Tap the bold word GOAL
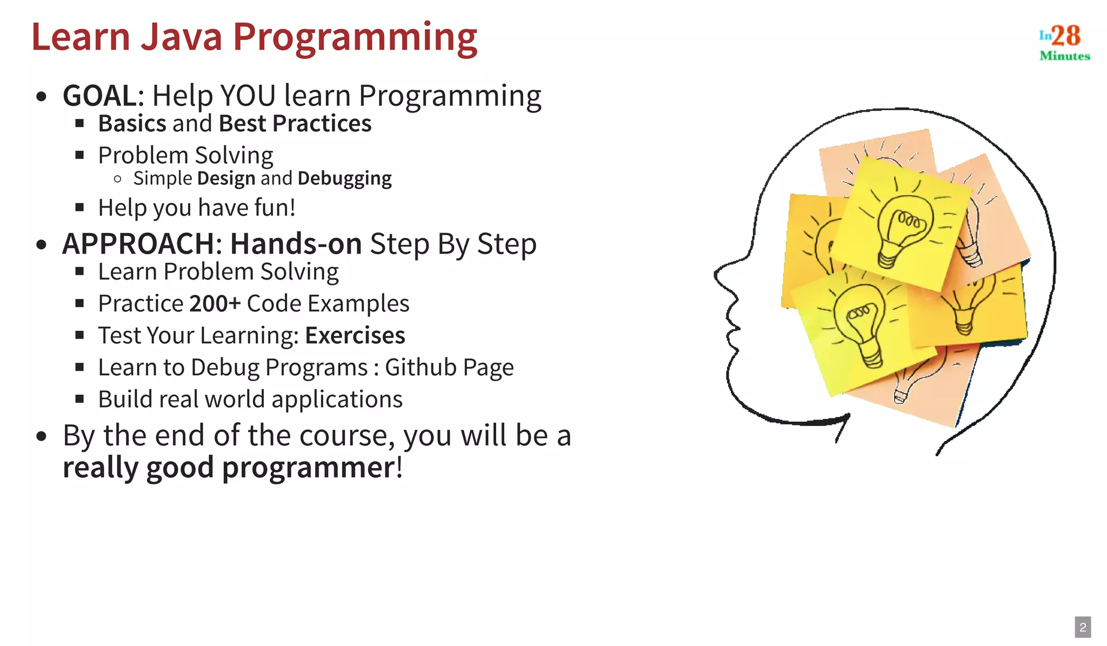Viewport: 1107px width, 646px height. pos(100,96)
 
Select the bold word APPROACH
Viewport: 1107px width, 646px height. pos(138,244)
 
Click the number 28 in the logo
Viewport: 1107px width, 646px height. pos(1065,36)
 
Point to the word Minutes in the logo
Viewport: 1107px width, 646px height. pos(1065,56)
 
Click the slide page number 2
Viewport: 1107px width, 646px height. pos(1083,627)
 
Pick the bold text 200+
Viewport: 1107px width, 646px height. pos(215,304)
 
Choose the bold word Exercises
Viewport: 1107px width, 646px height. pos(355,336)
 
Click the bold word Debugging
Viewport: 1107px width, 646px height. pos(344,178)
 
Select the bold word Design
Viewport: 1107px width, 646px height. pos(226,178)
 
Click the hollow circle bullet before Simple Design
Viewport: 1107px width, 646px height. pos(118,179)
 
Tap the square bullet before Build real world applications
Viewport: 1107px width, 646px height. pos(80,399)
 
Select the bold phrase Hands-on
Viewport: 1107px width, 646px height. pos(296,244)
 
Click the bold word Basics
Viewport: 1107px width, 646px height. pos(132,124)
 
